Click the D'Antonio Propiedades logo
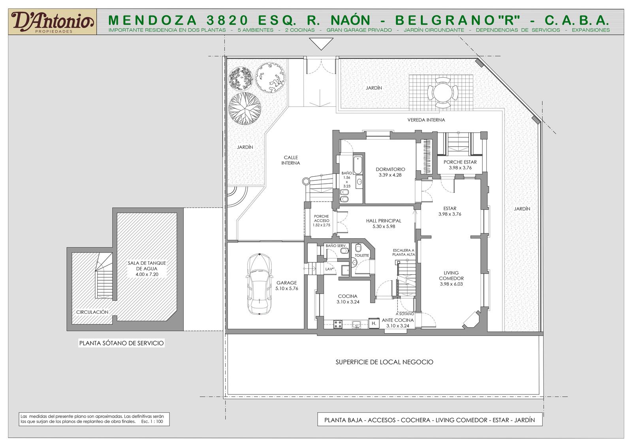(53, 22)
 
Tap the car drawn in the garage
(259, 284)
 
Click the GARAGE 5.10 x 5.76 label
(287, 285)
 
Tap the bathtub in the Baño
(358, 165)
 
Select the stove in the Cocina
(338, 324)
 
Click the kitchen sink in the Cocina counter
(357, 324)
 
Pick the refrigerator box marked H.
(374, 323)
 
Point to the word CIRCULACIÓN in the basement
(92, 312)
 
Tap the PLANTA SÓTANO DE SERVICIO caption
(121, 343)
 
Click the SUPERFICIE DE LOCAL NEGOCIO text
(384, 362)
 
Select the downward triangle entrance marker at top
(321, 44)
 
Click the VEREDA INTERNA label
(426, 120)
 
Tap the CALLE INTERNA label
(291, 160)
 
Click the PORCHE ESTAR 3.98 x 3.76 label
(460, 165)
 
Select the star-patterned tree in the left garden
(245, 109)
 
